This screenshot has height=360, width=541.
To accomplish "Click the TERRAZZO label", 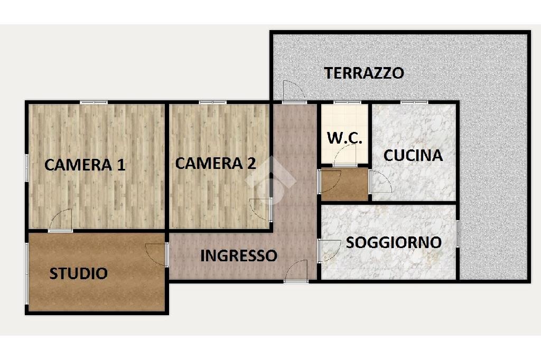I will pyautogui.click(x=364, y=73).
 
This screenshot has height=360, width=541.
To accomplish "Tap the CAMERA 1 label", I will pyautogui.click(x=85, y=165).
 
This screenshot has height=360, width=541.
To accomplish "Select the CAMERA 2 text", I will pyautogui.click(x=216, y=163).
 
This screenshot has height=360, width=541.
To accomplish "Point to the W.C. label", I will pyautogui.click(x=344, y=138).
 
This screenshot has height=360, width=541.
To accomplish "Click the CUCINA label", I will pyautogui.click(x=413, y=155).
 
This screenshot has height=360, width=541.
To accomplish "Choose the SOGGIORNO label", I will pyautogui.click(x=394, y=242).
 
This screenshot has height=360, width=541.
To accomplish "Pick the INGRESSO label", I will pyautogui.click(x=239, y=255).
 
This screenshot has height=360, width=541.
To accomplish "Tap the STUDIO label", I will pyautogui.click(x=79, y=273).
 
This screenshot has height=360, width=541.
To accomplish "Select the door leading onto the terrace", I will pyautogui.click(x=293, y=92).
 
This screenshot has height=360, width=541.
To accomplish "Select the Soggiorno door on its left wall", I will pyautogui.click(x=329, y=250).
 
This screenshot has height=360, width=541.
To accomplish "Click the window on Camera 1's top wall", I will pyautogui.click(x=94, y=102).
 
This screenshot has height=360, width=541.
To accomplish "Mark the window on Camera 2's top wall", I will pyautogui.click(x=213, y=102).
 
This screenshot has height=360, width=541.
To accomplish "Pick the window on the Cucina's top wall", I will pyautogui.click(x=414, y=102).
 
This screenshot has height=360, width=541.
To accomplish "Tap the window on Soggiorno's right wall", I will pyautogui.click(x=458, y=233).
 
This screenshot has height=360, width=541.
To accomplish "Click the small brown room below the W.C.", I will pyautogui.click(x=344, y=184).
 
